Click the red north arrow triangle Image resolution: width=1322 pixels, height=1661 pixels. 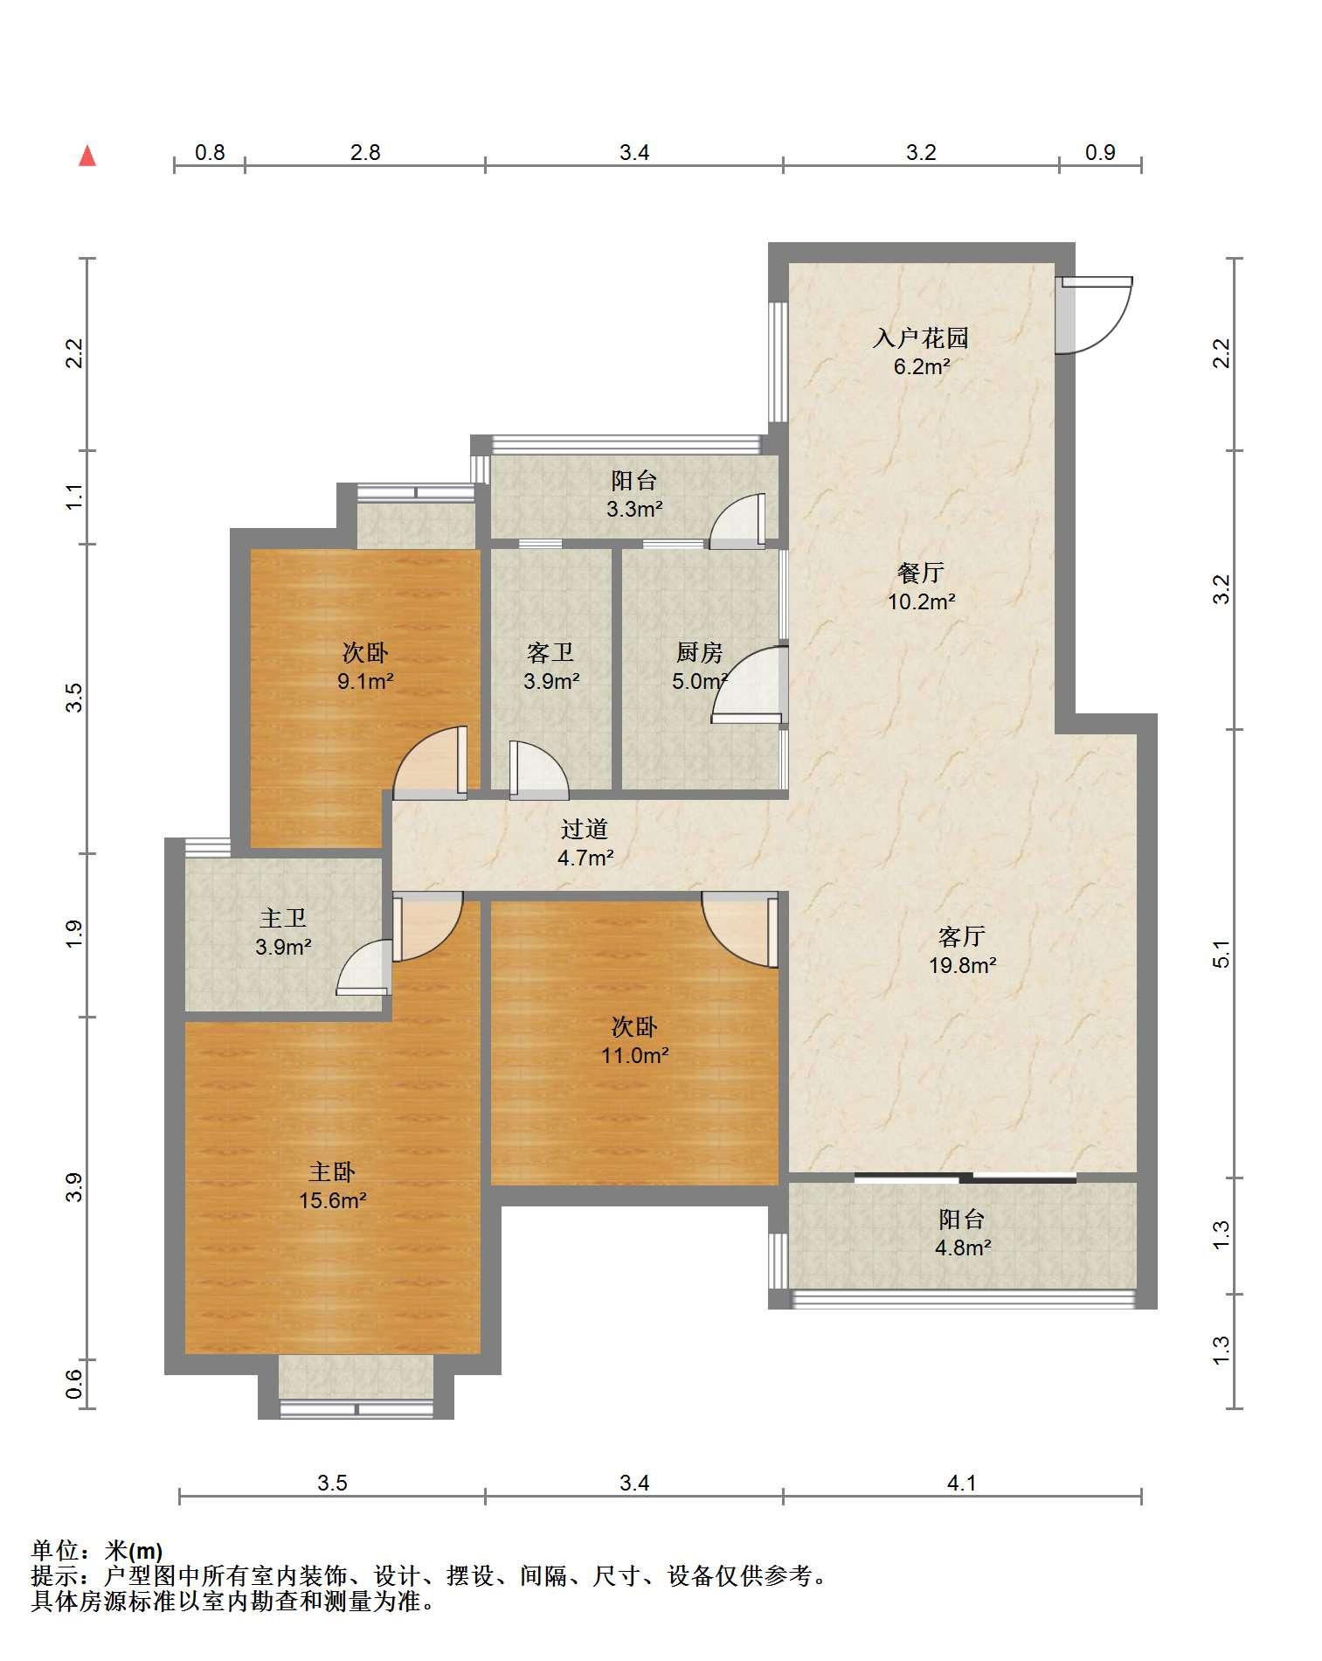[x=87, y=156]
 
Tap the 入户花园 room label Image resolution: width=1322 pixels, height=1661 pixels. [x=920, y=337]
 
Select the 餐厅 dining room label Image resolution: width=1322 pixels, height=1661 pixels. [x=920, y=573]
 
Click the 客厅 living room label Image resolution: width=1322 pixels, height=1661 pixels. [x=961, y=936]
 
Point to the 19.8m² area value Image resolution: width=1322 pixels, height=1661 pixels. [x=962, y=965]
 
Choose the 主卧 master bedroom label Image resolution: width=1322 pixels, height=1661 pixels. [x=332, y=1171]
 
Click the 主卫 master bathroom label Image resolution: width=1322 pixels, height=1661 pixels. [x=283, y=918]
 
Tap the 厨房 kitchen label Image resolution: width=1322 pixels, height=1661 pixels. [x=699, y=652]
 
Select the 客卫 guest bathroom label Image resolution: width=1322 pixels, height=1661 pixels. [x=550, y=652]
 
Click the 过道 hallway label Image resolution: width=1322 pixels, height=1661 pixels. [x=584, y=829]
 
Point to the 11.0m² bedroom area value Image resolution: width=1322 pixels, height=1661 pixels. [x=634, y=1055]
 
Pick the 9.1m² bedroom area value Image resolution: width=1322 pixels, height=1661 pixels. [x=365, y=681]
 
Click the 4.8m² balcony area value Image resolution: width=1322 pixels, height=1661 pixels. [x=963, y=1247]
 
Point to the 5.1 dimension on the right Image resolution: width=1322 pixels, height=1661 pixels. [x=1222, y=953]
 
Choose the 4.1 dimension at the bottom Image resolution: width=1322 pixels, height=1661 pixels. [x=961, y=1483]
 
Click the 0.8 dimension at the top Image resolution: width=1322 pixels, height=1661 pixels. [x=210, y=152]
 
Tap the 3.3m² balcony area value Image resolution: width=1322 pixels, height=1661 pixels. [x=634, y=509]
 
